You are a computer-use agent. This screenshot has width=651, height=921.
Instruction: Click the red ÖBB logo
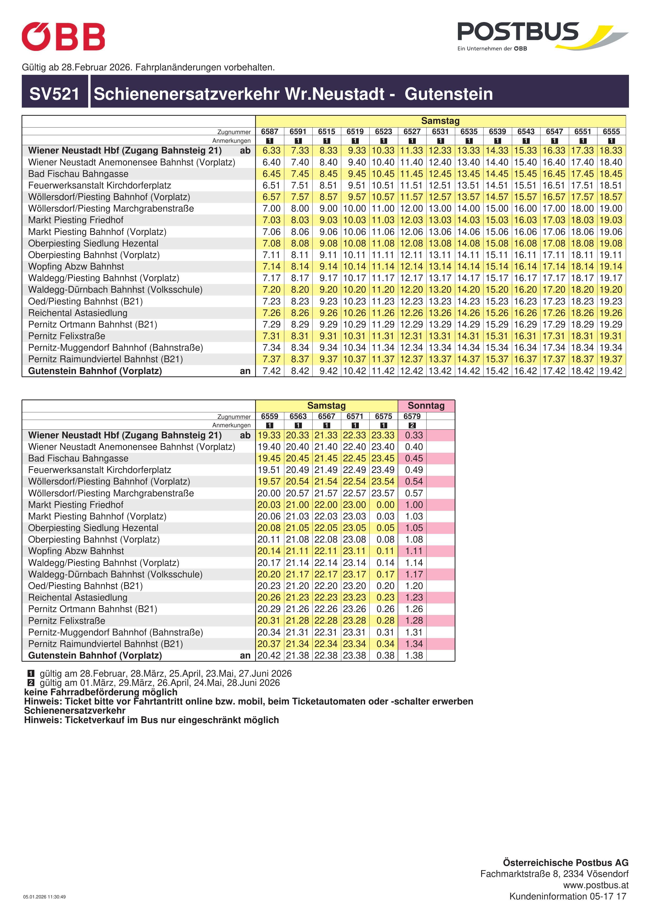tap(63, 36)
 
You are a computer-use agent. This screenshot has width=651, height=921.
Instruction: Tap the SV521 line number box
tap(55, 94)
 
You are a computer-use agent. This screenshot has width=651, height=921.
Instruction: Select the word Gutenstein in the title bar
tap(448, 94)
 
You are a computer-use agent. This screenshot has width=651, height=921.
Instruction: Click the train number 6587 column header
tap(270, 131)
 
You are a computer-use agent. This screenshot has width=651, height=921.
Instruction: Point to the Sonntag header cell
tap(426, 406)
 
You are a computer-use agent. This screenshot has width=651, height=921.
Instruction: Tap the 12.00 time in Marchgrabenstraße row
tap(412, 209)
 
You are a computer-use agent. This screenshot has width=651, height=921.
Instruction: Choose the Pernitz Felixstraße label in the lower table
tap(67, 620)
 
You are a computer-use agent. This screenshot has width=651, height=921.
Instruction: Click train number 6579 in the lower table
tap(412, 416)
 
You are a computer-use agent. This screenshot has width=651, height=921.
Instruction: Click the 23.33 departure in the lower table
tap(384, 435)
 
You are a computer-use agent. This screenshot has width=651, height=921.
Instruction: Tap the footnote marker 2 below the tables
tap(31, 683)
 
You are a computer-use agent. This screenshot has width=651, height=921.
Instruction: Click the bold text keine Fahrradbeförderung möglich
tap(101, 692)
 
